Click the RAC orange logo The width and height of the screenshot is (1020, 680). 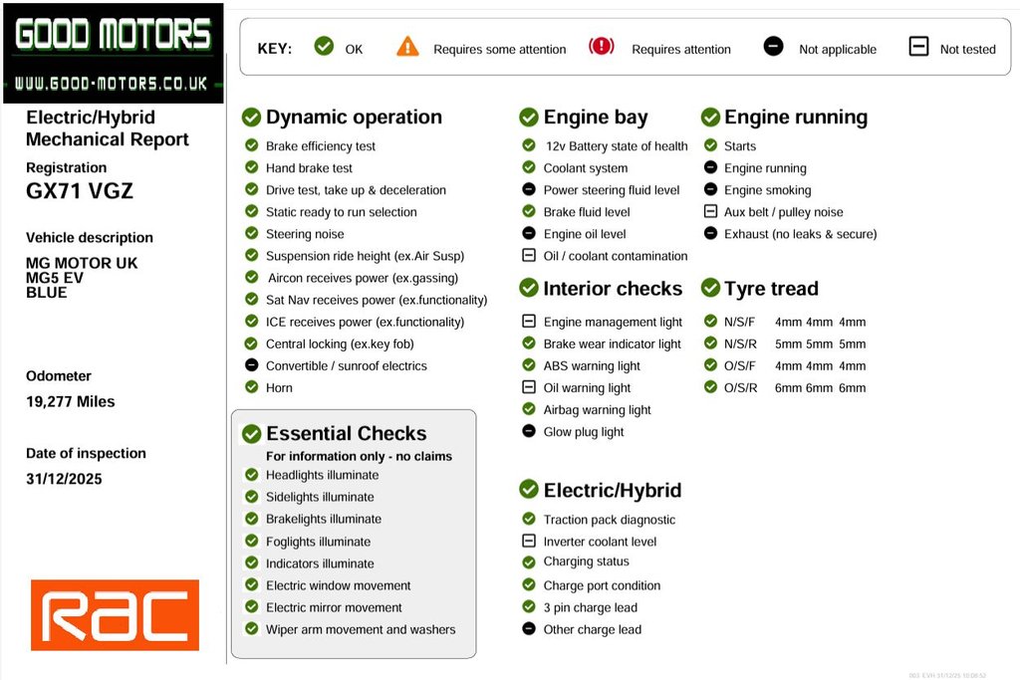pyautogui.click(x=115, y=615)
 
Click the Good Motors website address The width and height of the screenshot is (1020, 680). pyautogui.click(x=112, y=84)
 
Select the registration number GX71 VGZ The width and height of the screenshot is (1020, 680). pyautogui.click(x=80, y=191)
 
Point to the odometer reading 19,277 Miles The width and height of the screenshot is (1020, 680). pyautogui.click(x=70, y=402)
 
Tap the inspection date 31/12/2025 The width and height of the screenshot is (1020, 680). pyautogui.click(x=64, y=479)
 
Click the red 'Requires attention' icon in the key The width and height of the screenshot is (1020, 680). pyautogui.click(x=602, y=47)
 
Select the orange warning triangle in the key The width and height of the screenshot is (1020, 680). pyautogui.click(x=407, y=47)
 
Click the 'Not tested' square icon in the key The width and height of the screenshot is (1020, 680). pyautogui.click(x=918, y=47)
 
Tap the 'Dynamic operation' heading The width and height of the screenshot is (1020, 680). pyautogui.click(x=354, y=117)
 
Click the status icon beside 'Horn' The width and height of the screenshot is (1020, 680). pyautogui.click(x=252, y=387)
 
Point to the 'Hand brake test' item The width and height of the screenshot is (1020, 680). pyautogui.click(x=309, y=168)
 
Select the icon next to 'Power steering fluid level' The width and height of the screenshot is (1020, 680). pyautogui.click(x=529, y=190)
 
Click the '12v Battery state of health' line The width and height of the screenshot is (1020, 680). pyautogui.click(x=615, y=146)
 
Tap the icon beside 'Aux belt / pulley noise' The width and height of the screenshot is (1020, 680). pyautogui.click(x=710, y=212)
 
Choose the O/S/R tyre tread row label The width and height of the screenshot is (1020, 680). pyautogui.click(x=739, y=388)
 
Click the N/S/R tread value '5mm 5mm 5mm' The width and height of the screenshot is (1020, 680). pyautogui.click(x=820, y=344)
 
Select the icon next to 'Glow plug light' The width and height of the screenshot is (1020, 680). pyautogui.click(x=529, y=432)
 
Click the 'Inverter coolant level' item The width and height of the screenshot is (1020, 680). pyautogui.click(x=600, y=542)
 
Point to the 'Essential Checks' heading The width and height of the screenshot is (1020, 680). pyautogui.click(x=346, y=434)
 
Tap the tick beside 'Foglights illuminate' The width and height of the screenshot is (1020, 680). pyautogui.click(x=252, y=542)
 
